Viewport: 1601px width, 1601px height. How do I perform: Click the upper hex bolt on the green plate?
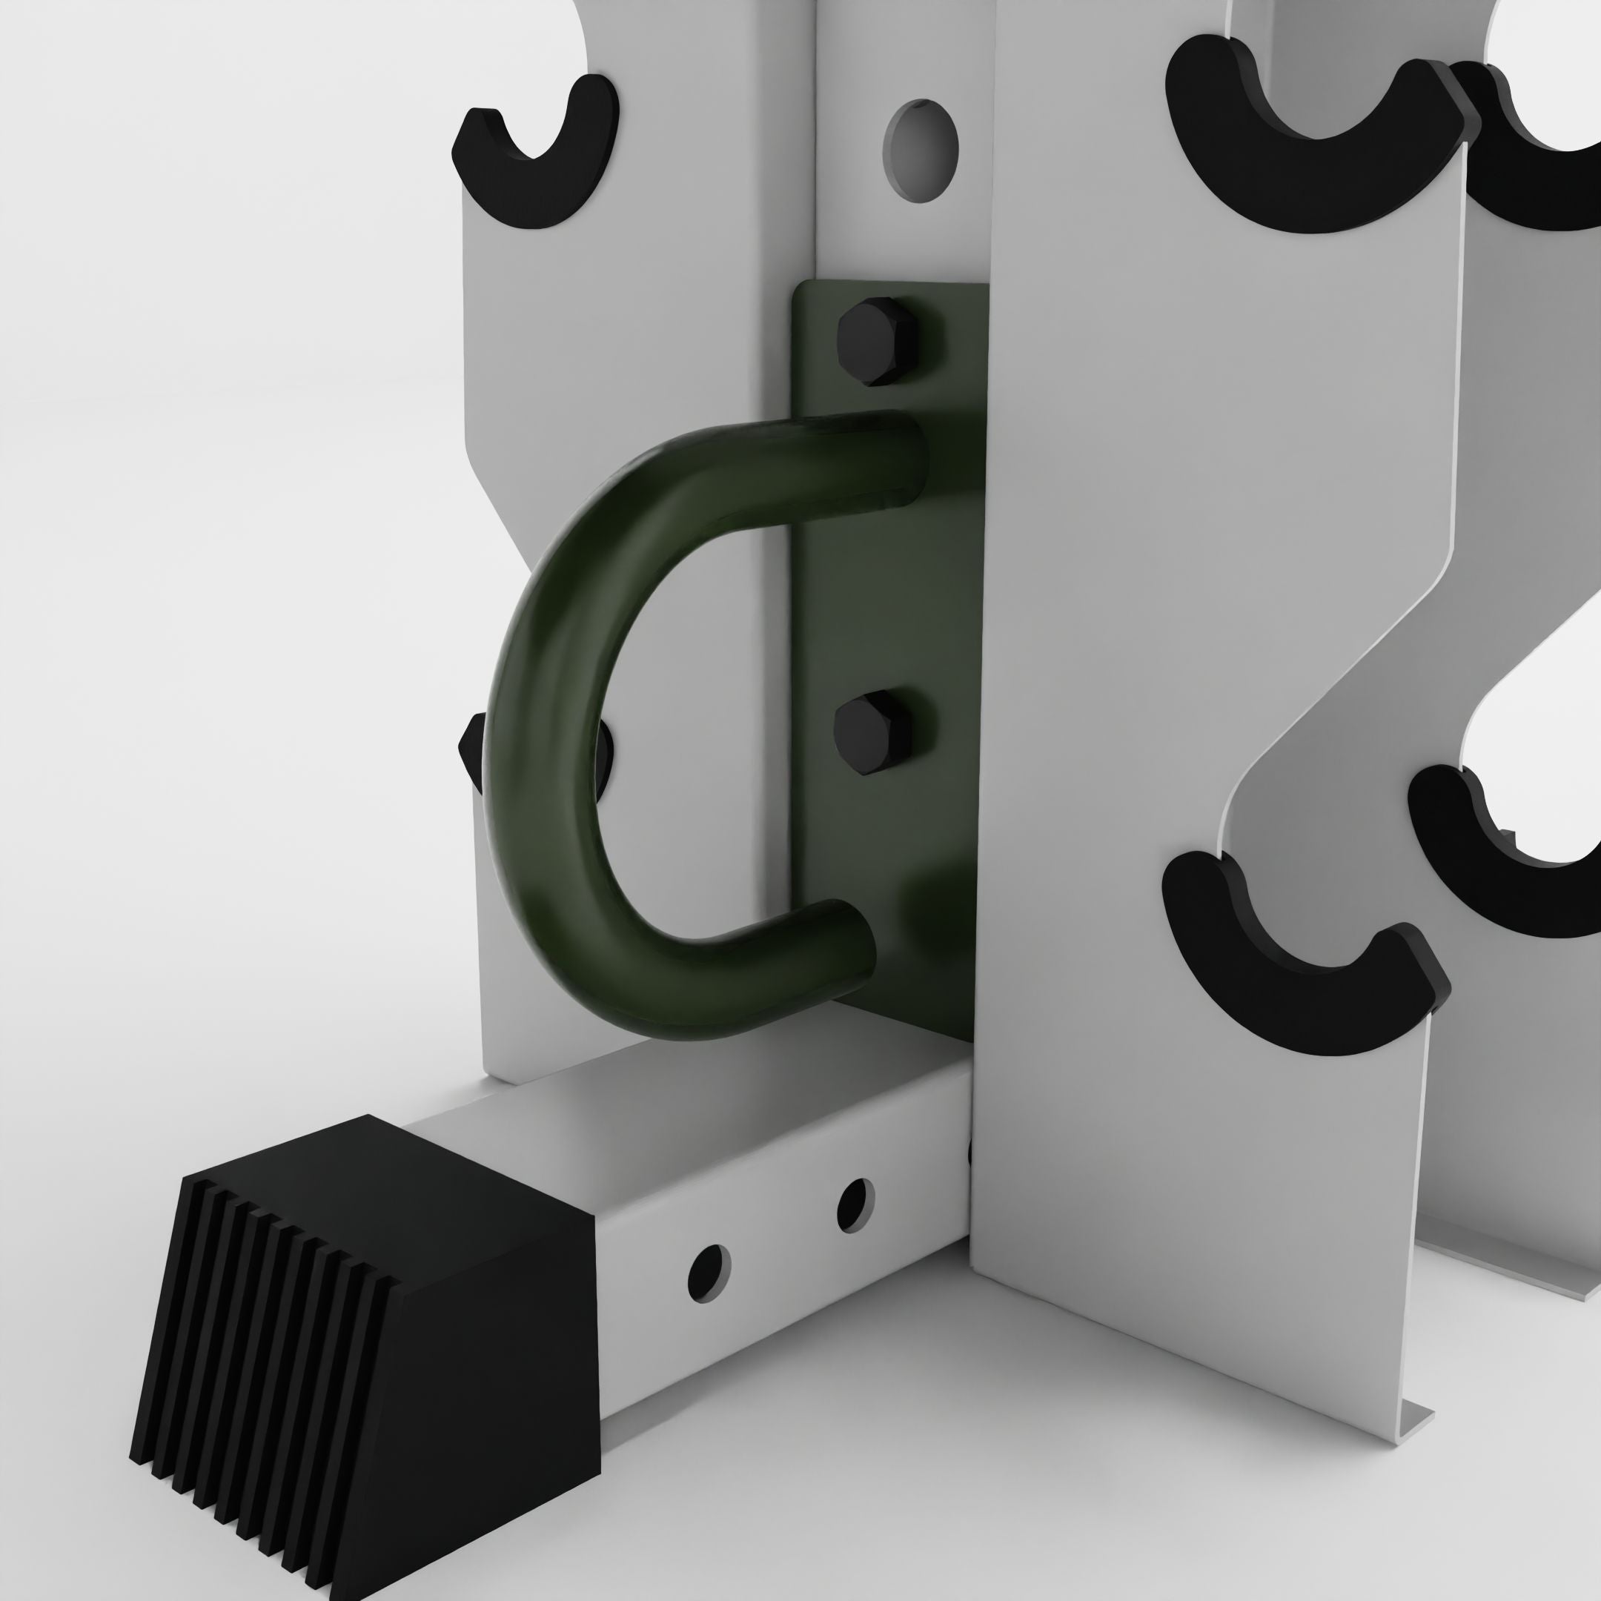(878, 341)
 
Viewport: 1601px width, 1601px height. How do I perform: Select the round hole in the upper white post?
(919, 150)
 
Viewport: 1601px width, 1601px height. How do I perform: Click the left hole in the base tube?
(709, 1270)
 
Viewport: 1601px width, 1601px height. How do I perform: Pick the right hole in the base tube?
(855, 1204)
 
